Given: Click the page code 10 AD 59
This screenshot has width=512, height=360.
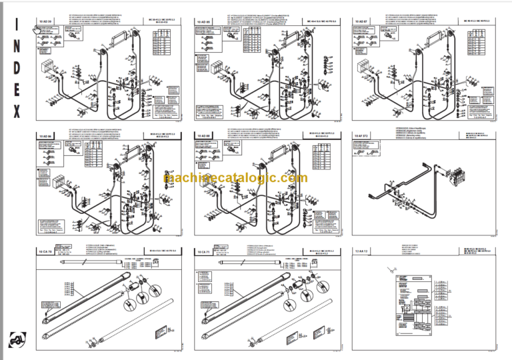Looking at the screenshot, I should click(x=45, y=22).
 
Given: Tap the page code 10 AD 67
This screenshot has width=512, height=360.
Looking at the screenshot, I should click(x=360, y=22).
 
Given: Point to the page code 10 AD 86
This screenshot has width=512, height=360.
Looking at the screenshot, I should click(x=45, y=135).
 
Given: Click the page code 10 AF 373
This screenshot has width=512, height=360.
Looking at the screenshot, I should click(x=362, y=135).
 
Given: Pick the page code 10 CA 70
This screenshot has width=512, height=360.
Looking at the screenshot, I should click(x=45, y=253).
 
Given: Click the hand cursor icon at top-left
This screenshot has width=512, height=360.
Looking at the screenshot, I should click(x=37, y=28).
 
